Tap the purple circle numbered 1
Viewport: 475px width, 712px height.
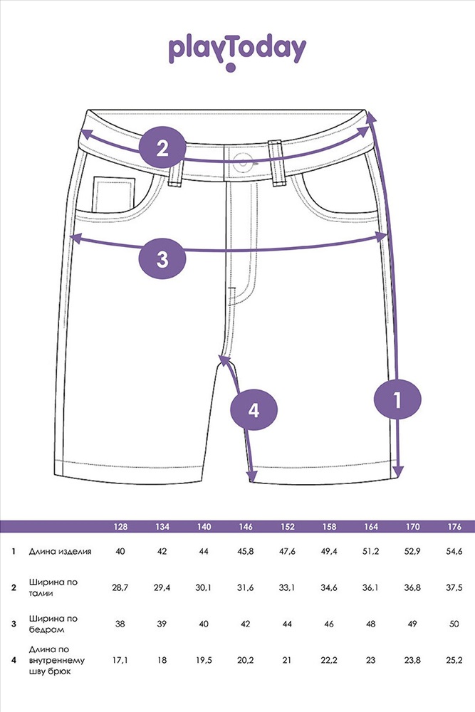click(397, 399)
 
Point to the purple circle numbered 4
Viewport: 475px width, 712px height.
click(254, 410)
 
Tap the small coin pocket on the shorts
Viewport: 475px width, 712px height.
click(114, 194)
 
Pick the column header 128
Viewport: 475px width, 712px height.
click(120, 527)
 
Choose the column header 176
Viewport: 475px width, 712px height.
click(454, 527)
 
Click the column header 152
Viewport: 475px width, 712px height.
click(288, 527)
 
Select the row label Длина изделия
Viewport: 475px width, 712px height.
click(60, 552)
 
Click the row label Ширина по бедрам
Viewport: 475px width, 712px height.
click(53, 624)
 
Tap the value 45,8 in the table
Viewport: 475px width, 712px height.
click(246, 552)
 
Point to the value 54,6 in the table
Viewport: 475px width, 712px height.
click(454, 552)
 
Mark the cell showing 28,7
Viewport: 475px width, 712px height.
click(120, 587)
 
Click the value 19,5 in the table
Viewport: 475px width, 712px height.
click(204, 660)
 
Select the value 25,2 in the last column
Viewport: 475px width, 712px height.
click(454, 660)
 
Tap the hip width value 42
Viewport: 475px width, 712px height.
click(246, 624)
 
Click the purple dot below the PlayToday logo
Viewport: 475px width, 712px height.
click(231, 68)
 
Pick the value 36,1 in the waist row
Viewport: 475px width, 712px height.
click(370, 587)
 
